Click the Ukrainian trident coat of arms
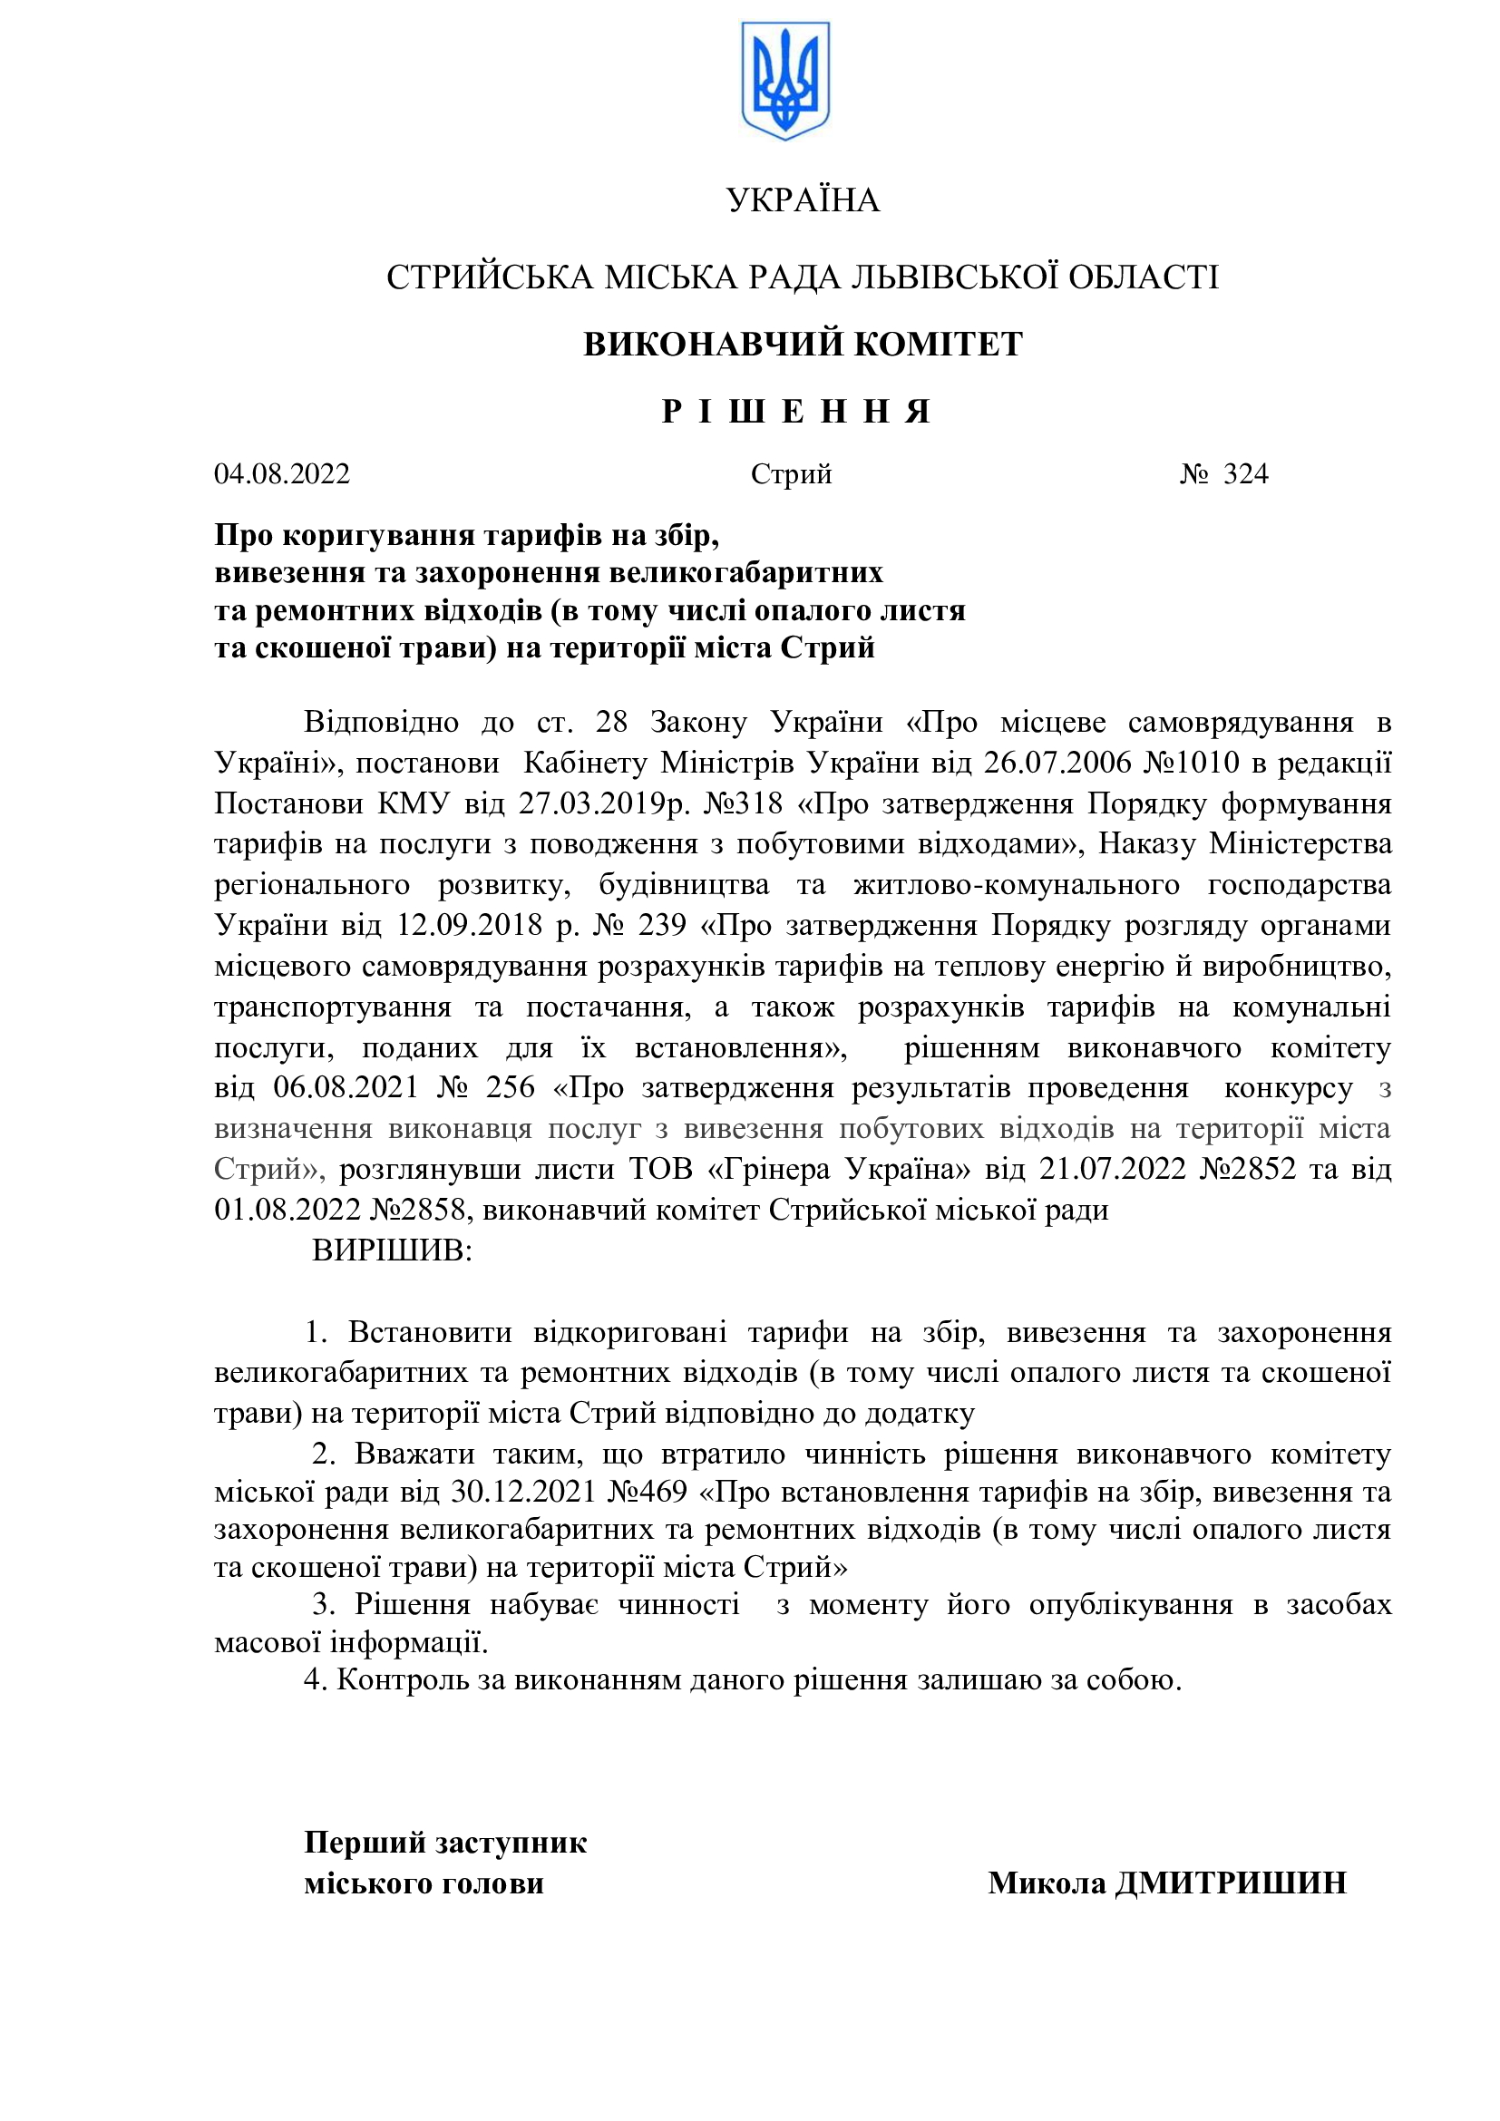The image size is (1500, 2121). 785,82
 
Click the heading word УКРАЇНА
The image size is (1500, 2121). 803,200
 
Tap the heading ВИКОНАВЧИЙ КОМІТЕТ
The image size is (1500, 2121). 803,344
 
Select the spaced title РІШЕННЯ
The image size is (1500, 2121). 796,411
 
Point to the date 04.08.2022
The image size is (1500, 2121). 283,474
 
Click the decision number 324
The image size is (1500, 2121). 1246,474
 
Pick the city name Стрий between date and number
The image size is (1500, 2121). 792,474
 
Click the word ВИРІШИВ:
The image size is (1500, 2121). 393,1250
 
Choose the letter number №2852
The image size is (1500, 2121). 1252,1170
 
